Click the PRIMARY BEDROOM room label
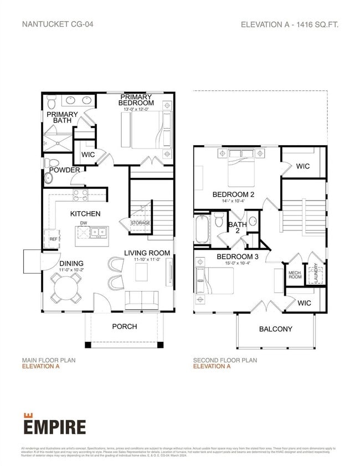pos(136,100)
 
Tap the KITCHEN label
pos(85,213)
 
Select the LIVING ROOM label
pos(147,253)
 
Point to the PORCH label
pos(125,326)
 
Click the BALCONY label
pos(275,329)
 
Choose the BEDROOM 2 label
pos(233,194)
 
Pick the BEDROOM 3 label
pos(237,257)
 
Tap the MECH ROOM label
pos(295,275)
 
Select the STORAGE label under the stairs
pos(140,223)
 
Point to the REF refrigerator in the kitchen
pos(54,238)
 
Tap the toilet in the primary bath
pos(52,101)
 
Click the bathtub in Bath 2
pos(202,230)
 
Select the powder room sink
pos(49,178)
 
